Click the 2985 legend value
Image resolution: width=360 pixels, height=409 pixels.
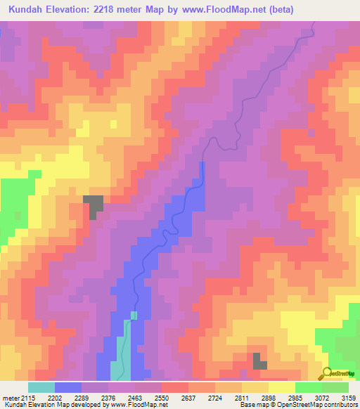coord(295,398)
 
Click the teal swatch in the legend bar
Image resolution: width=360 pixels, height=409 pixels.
coord(41,387)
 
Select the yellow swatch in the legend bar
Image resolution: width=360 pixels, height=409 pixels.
coord(282,387)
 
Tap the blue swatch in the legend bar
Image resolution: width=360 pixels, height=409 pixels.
coord(68,387)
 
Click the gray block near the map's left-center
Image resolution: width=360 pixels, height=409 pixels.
coord(94,204)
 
